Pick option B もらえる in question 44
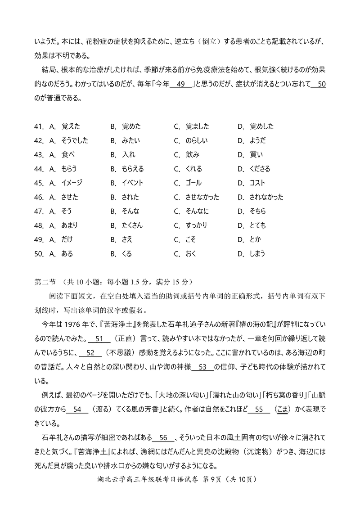coord(132,169)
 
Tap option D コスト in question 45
coord(257,183)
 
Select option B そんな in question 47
coord(130,211)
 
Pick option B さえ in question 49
coord(127,239)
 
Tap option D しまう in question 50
coord(257,253)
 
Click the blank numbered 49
coord(181,84)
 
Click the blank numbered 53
coord(205,367)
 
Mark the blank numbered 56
coord(163,438)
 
